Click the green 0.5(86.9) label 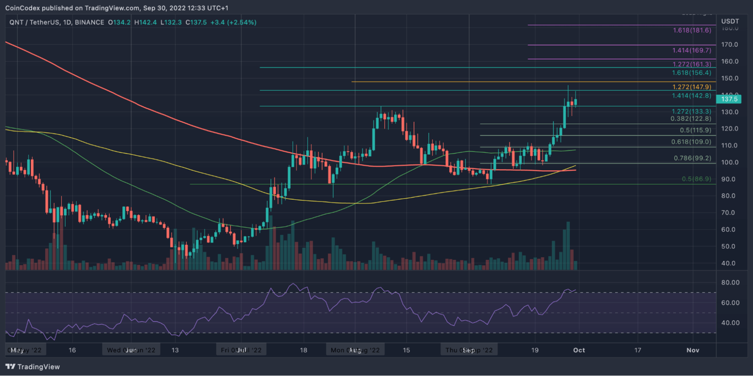pos(697,179)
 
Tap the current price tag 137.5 pos(733,99)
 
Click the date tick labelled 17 pos(638,350)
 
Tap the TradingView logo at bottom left pos(33,367)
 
